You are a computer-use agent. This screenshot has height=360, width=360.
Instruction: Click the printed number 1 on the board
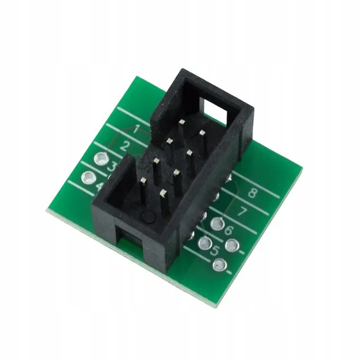click(136, 129)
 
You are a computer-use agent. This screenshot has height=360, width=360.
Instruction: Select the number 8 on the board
click(253, 192)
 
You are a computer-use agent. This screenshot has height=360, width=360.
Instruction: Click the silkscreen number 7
click(241, 211)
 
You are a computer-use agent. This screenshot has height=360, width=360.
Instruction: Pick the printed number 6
click(228, 230)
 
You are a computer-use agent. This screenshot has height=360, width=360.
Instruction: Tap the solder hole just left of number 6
click(217, 223)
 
